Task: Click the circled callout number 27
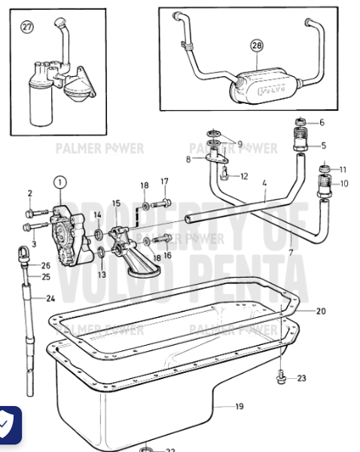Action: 28,27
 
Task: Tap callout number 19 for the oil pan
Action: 239,408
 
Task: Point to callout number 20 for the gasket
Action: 321,311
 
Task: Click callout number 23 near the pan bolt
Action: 302,378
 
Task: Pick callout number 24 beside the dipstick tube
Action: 50,298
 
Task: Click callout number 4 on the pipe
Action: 264,183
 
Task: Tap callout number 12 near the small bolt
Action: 244,176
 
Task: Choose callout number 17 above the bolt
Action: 164,182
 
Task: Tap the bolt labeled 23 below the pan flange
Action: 281,376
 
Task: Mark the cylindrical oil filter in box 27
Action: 35,96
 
